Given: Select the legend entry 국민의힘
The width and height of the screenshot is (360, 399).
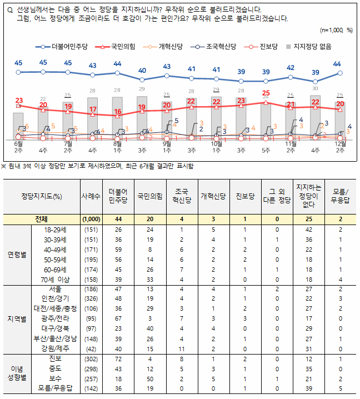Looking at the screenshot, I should [x=122, y=47].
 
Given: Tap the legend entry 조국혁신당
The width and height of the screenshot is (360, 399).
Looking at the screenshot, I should [x=219, y=47].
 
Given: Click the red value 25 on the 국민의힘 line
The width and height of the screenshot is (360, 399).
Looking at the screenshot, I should [x=266, y=93].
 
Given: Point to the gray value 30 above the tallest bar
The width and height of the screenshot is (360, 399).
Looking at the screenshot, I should [x=315, y=88].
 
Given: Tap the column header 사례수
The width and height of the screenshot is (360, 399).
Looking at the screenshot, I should [x=91, y=196].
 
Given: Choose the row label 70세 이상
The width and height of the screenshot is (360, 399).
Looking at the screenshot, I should [x=56, y=278].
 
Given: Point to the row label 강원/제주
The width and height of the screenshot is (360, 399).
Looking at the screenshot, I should [x=56, y=348].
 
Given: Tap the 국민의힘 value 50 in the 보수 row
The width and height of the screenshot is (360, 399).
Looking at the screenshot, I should [x=149, y=378].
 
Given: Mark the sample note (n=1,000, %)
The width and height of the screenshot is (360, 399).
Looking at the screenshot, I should [x=337, y=29].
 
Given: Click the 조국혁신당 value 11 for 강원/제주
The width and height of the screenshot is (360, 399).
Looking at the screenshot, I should [x=181, y=348].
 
